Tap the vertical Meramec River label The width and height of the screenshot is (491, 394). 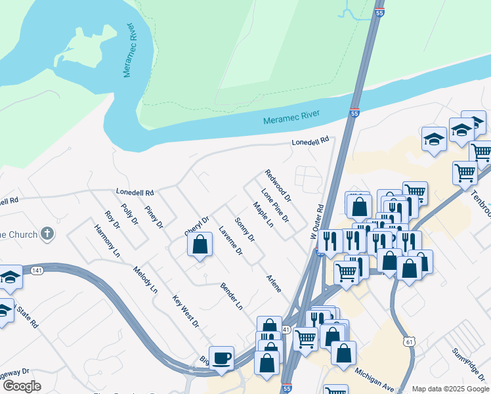coord(129,52)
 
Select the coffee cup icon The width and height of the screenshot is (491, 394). coord(221,358)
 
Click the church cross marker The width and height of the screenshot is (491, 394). coord(47,233)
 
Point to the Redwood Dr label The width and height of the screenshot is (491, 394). coord(278,185)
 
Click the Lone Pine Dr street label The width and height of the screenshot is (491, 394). coord(275,205)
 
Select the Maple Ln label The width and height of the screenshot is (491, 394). coord(263,215)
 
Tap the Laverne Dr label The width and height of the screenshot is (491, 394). coord(230,241)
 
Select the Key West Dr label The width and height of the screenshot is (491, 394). coord(186,311)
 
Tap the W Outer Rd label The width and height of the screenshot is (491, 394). coord(318,221)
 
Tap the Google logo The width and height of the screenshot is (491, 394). coord(22,386)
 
